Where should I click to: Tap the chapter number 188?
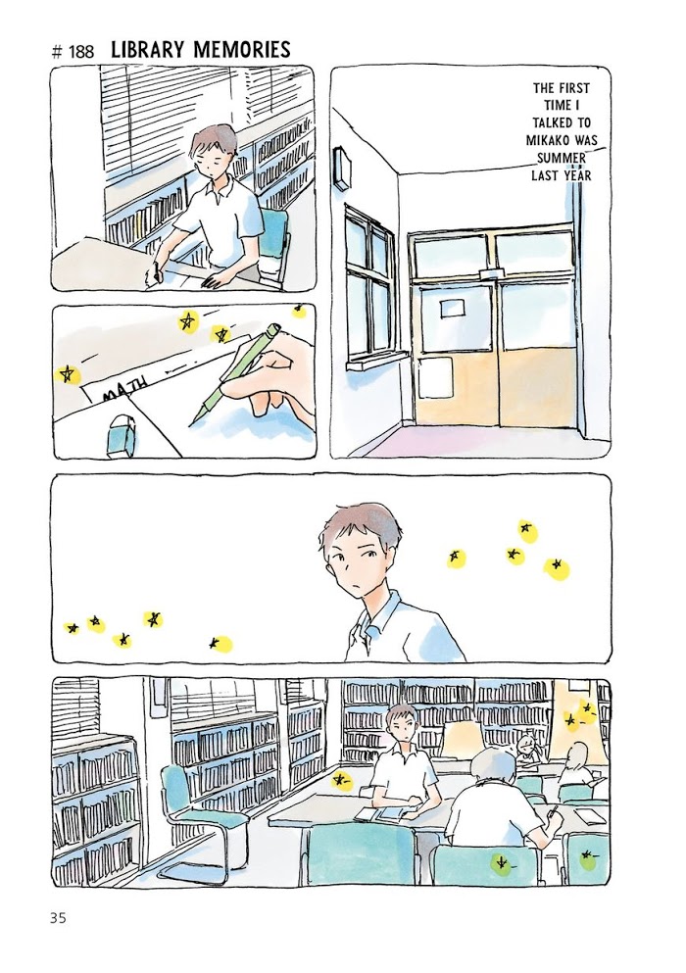tap(81, 52)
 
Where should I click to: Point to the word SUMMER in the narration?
tap(562, 158)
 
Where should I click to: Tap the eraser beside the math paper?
tap(122, 438)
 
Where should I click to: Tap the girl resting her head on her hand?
tap(527, 750)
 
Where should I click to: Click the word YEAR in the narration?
tap(578, 175)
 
